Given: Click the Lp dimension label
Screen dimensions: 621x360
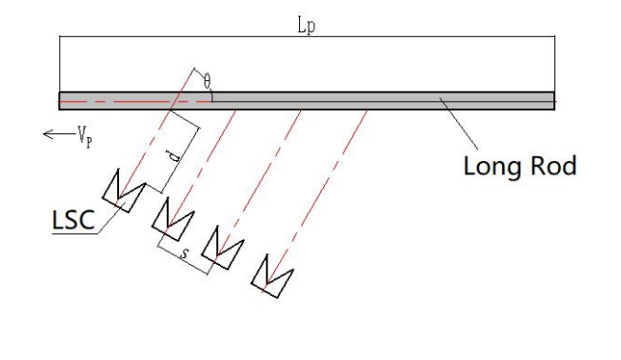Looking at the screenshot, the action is (306, 26).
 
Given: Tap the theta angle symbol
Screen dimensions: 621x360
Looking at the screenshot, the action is (207, 82).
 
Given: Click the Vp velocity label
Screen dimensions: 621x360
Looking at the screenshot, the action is (85, 136).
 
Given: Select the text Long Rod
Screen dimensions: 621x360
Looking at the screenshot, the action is (520, 167).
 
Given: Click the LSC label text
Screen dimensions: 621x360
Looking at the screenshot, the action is (73, 220).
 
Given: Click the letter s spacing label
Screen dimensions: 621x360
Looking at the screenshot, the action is (184, 252).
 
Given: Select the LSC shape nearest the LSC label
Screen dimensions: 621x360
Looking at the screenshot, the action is (124, 191).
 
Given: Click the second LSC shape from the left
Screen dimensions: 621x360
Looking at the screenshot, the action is (173, 220).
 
